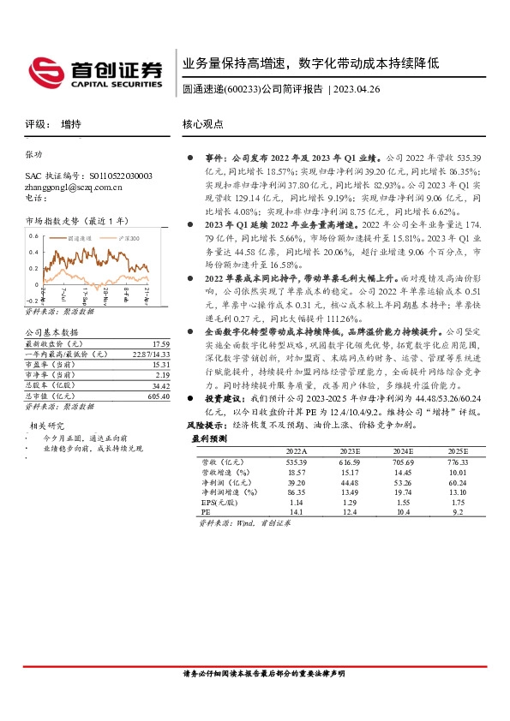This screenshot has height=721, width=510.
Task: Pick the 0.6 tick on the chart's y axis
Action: pos(33,235)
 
